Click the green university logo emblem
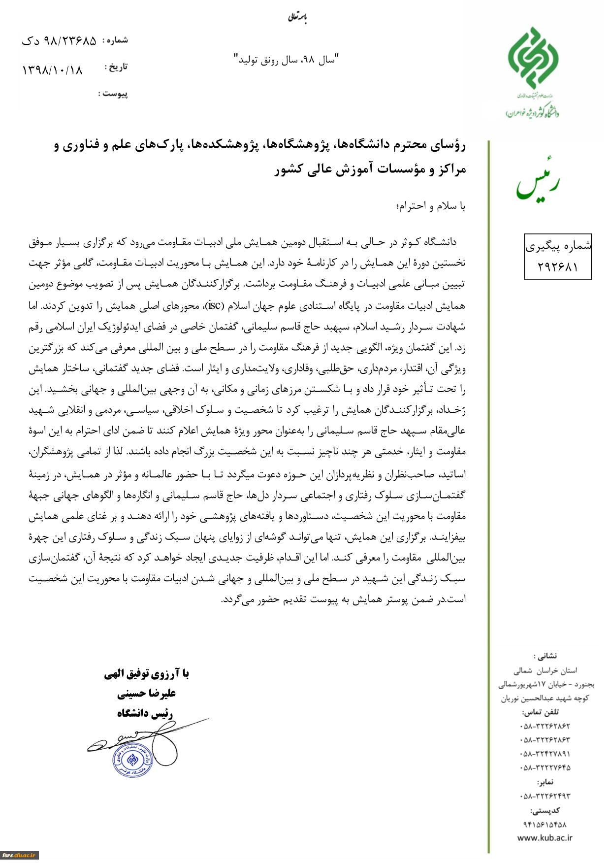point(533,58)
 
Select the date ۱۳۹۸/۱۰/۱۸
point(52,70)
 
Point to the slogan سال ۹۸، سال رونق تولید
point(286,60)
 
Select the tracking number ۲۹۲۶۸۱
point(557,266)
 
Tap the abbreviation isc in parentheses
point(215,305)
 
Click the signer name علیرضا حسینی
point(146,694)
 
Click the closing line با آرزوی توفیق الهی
point(146,673)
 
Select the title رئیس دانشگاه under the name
point(145,713)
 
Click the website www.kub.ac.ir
point(545,837)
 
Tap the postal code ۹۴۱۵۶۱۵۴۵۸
point(545,824)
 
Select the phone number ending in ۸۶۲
point(545,726)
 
